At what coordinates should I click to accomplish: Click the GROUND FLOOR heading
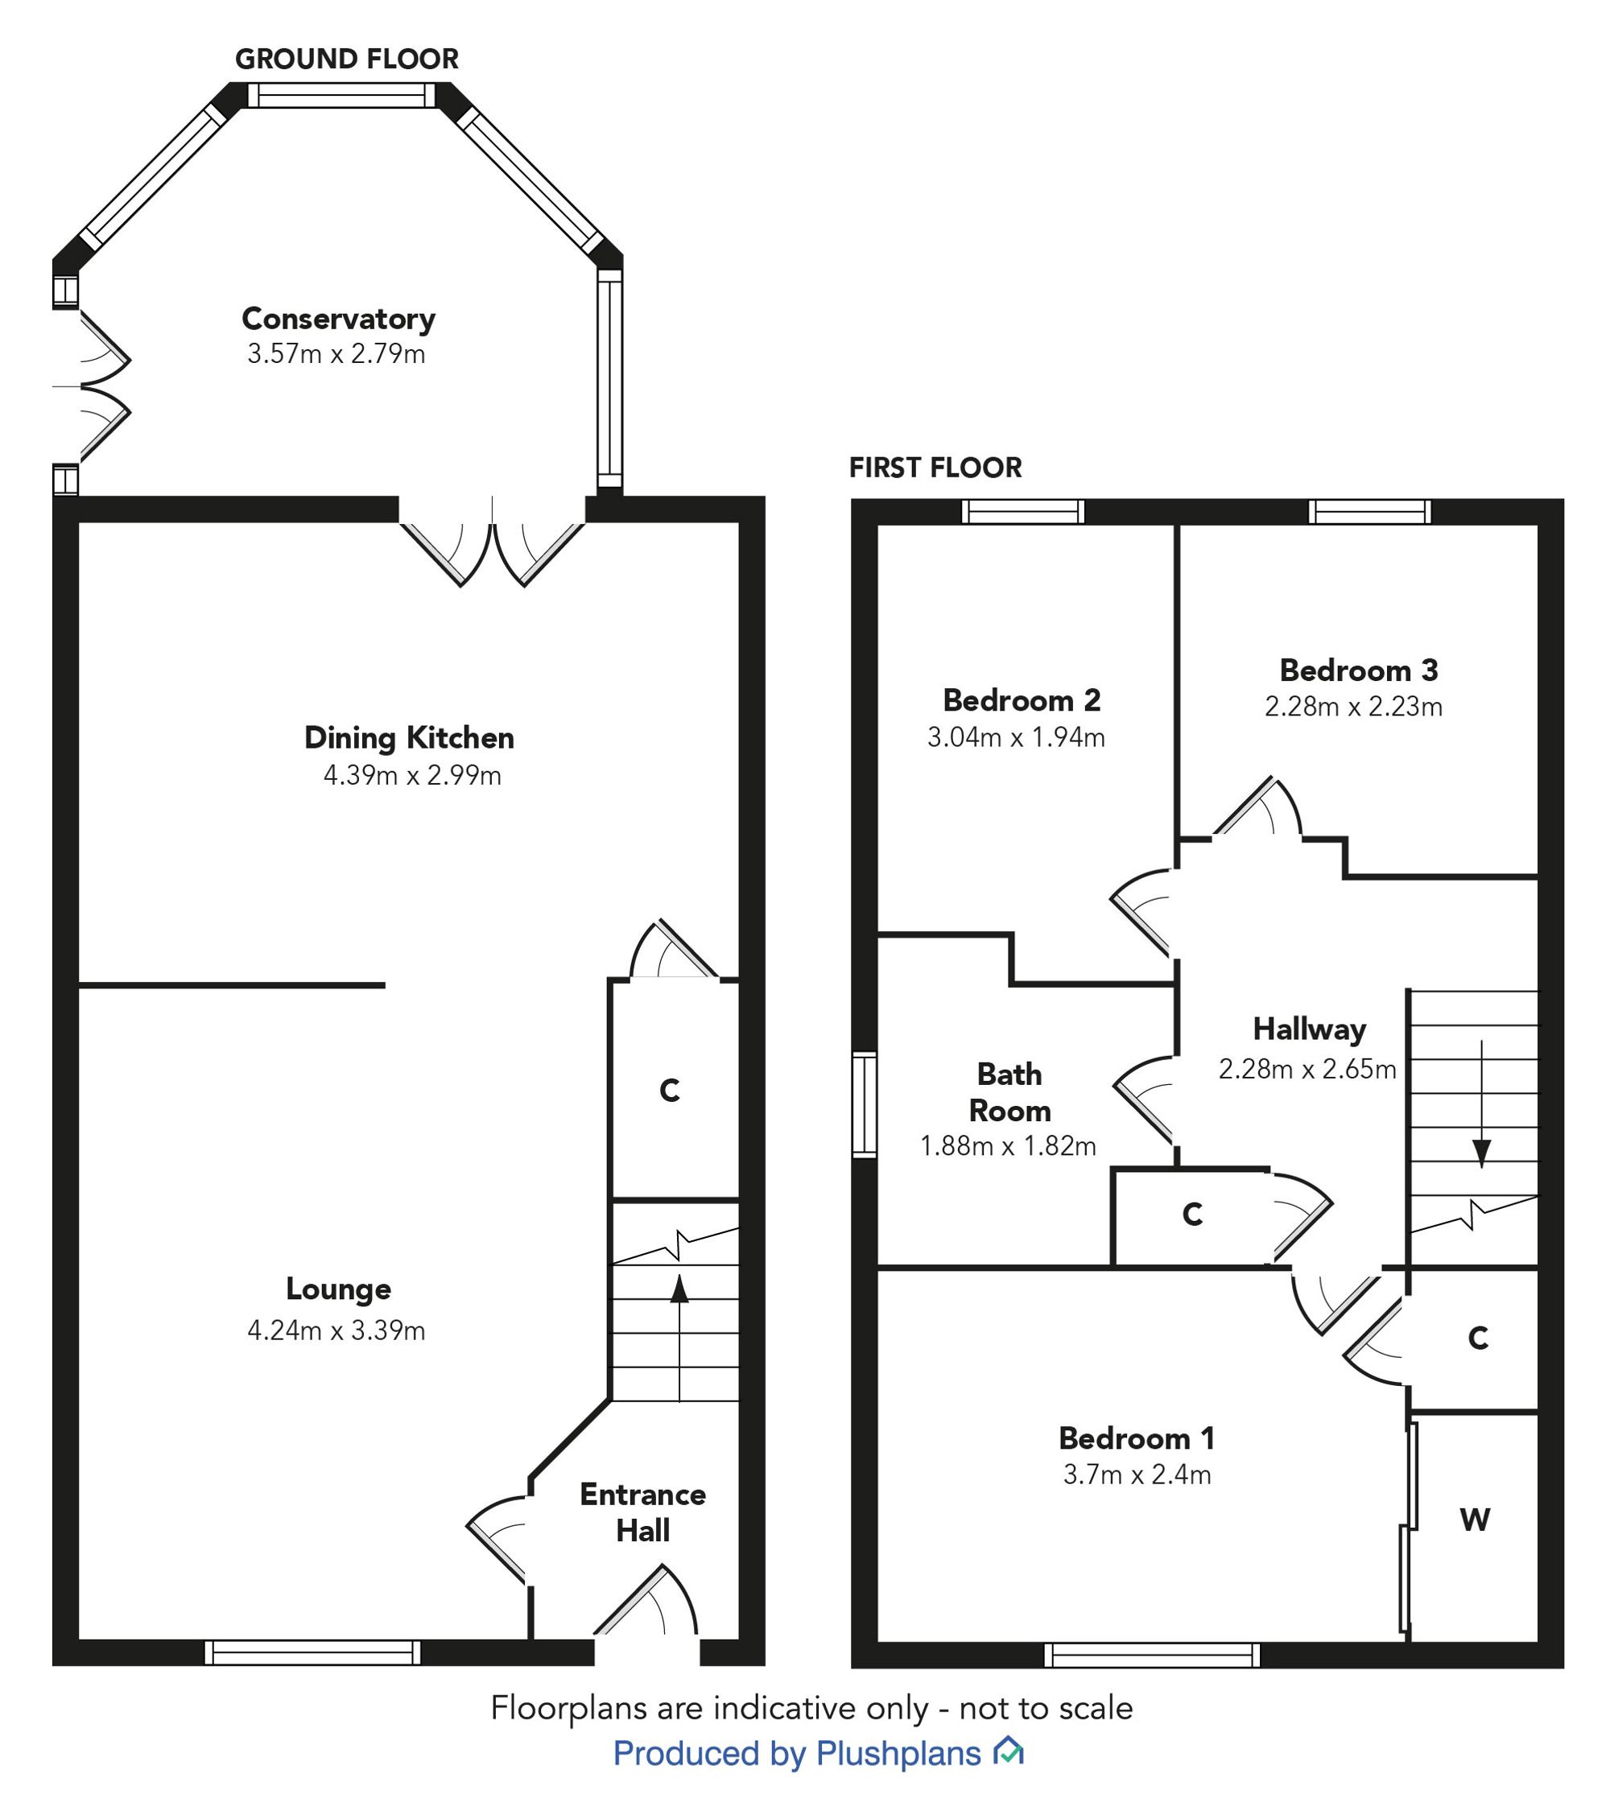coord(346,59)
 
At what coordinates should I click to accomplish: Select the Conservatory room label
coord(338,319)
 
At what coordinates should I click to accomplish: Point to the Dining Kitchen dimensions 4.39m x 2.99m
coord(412,775)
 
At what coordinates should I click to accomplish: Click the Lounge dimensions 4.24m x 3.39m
coord(336,1330)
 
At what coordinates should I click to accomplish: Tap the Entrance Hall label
coord(642,1512)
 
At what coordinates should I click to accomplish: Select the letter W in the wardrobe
coord(1475,1520)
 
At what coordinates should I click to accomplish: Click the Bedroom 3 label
coord(1358,670)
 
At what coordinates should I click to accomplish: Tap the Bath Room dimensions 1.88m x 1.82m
coord(1008,1146)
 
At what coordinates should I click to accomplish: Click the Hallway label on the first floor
coord(1309,1029)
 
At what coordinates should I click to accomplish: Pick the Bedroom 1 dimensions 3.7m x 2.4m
coord(1137,1475)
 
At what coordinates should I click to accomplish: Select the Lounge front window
coord(312,1652)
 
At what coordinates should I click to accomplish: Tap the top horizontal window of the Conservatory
coord(342,95)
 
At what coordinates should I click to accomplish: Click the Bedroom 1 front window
coord(1152,1654)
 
